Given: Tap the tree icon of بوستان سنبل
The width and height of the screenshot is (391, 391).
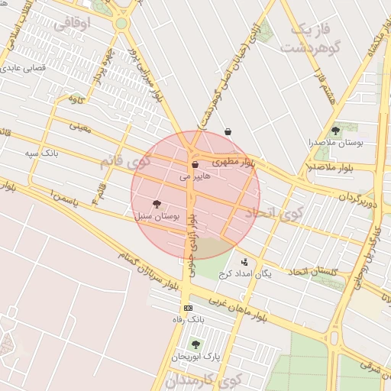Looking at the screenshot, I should [x=157, y=204].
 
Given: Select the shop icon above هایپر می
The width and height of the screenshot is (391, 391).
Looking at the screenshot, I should [x=195, y=164].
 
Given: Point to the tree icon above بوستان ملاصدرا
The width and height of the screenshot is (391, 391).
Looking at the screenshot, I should [x=335, y=131].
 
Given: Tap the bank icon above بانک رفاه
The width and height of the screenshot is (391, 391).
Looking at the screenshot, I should [x=189, y=307].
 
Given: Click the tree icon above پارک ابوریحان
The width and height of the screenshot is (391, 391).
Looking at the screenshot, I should [x=195, y=344].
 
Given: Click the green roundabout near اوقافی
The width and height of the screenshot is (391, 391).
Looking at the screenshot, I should [x=121, y=24].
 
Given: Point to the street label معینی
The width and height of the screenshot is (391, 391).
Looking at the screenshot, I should [x=80, y=125].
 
